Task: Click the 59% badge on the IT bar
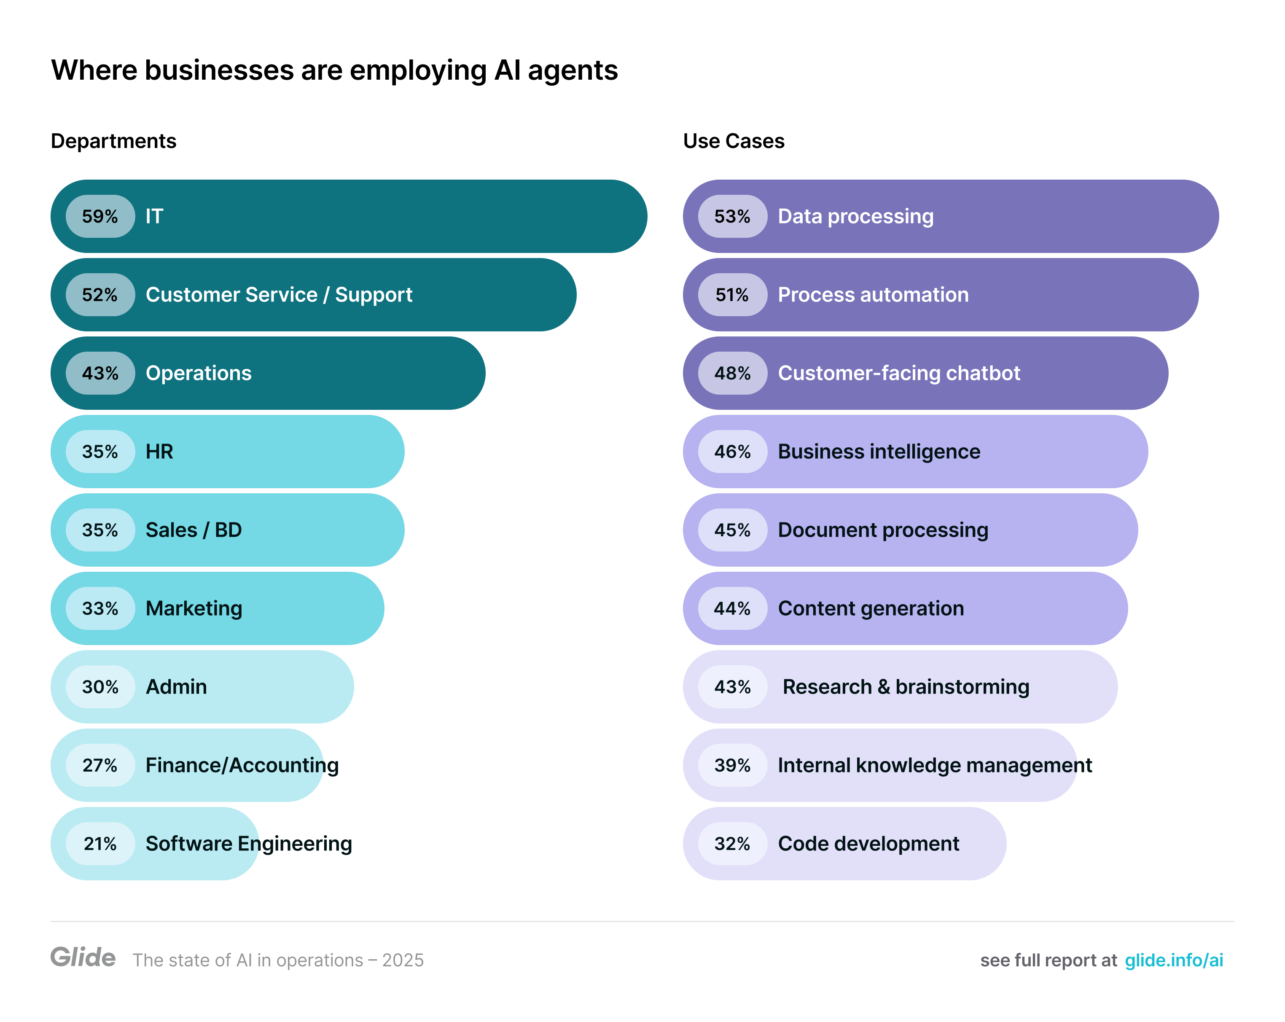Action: point(100,216)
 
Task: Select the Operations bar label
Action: point(199,373)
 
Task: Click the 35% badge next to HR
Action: point(100,452)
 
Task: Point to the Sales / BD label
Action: point(194,530)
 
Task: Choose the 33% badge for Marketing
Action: point(100,608)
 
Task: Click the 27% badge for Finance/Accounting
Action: point(100,765)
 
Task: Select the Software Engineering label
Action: point(249,844)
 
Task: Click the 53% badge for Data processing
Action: point(732,216)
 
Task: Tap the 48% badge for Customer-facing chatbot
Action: point(732,373)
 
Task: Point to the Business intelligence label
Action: point(879,452)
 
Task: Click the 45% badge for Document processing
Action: point(732,530)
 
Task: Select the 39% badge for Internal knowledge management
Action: point(732,765)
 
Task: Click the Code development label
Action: point(868,844)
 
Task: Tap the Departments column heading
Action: point(113,141)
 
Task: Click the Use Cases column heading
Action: point(733,141)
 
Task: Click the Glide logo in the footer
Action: point(83,957)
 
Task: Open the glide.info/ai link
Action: point(1174,960)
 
